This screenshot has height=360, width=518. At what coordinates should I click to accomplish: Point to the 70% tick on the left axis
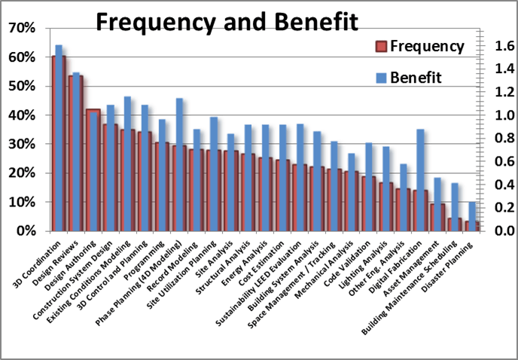point(21,28)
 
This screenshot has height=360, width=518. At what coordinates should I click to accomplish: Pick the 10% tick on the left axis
point(21,202)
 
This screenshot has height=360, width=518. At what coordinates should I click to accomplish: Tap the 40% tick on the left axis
point(21,115)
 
